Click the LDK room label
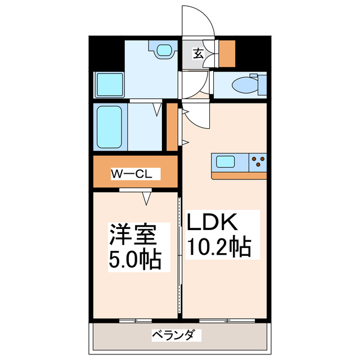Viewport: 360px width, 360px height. [x=214, y=223]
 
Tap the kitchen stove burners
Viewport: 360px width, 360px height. [x=258, y=163]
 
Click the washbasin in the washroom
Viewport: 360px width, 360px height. [x=164, y=52]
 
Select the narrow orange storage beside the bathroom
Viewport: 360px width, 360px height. [x=172, y=128]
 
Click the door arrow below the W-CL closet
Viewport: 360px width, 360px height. [x=148, y=198]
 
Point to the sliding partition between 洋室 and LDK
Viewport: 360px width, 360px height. [x=180, y=256]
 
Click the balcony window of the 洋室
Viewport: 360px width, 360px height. [x=136, y=321]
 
